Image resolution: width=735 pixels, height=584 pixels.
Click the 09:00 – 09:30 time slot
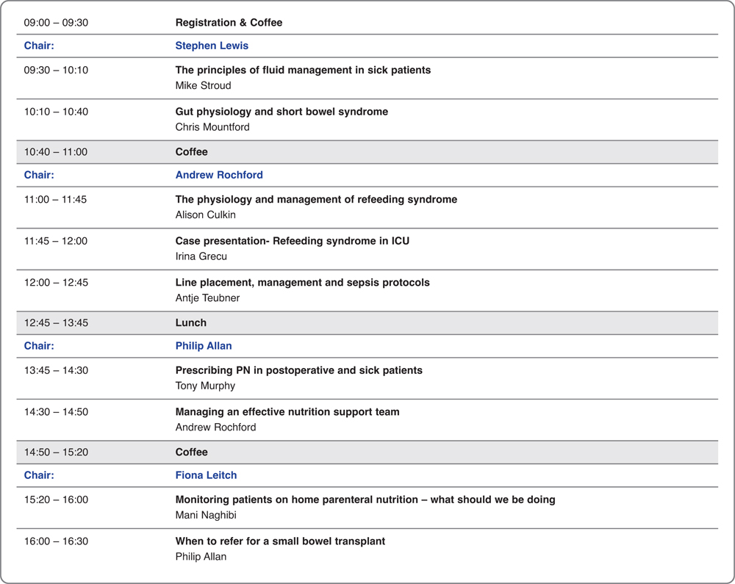(x=56, y=23)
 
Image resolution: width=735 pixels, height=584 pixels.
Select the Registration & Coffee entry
(x=229, y=23)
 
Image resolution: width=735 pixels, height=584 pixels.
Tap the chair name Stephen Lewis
(x=212, y=46)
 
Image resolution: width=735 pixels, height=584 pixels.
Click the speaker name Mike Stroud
(x=203, y=85)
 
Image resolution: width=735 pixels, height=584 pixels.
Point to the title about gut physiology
(x=282, y=112)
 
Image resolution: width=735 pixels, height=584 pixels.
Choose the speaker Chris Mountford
(x=212, y=127)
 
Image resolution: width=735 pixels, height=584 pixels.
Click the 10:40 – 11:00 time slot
(x=56, y=152)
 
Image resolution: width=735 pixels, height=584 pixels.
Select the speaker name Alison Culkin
(x=205, y=215)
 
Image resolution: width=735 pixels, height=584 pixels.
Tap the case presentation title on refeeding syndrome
(x=292, y=241)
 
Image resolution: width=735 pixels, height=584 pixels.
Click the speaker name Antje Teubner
(x=207, y=298)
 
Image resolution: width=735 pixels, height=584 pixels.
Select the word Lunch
(x=191, y=322)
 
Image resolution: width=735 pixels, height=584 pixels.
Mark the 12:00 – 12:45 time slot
(x=56, y=282)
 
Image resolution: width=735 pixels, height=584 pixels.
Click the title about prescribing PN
(x=298, y=370)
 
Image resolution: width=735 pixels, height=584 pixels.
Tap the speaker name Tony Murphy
(x=205, y=386)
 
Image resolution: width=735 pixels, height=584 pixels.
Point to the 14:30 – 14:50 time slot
(x=56, y=412)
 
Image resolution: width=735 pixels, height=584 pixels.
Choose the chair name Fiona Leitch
(x=206, y=475)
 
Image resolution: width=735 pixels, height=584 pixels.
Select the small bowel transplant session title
(x=280, y=541)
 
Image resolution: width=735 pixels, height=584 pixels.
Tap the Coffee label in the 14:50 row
(x=192, y=452)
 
